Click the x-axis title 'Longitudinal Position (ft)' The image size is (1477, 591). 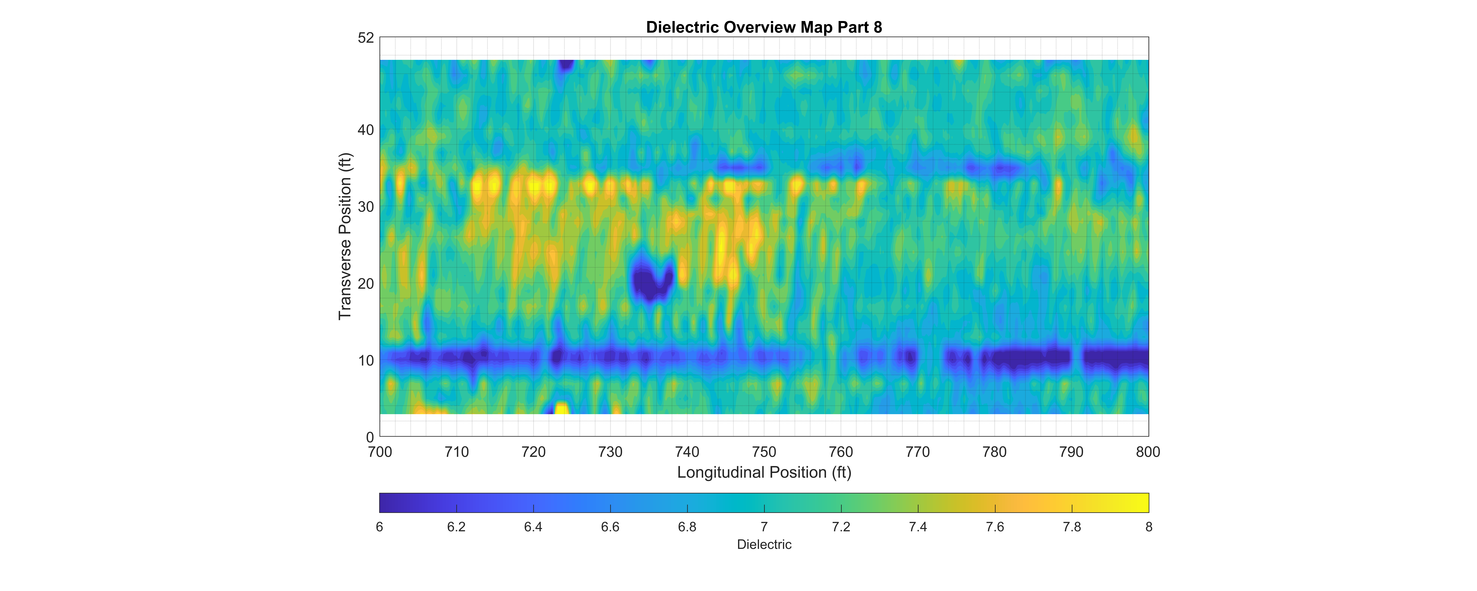tap(764, 472)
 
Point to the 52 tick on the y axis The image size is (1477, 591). tap(366, 38)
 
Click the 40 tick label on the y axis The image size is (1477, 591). tap(366, 130)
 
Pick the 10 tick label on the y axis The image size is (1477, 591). tap(366, 360)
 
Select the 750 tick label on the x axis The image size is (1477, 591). tap(764, 452)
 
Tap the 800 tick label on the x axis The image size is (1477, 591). tap(1148, 452)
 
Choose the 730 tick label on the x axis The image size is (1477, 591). tap(610, 452)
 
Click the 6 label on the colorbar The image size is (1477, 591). tap(380, 527)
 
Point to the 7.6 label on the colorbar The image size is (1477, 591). tap(995, 527)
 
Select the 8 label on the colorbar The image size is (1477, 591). tap(1149, 527)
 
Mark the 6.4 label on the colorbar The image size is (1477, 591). tap(533, 527)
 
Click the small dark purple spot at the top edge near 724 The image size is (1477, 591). tap(566, 64)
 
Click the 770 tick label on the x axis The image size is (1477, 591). tap(917, 452)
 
